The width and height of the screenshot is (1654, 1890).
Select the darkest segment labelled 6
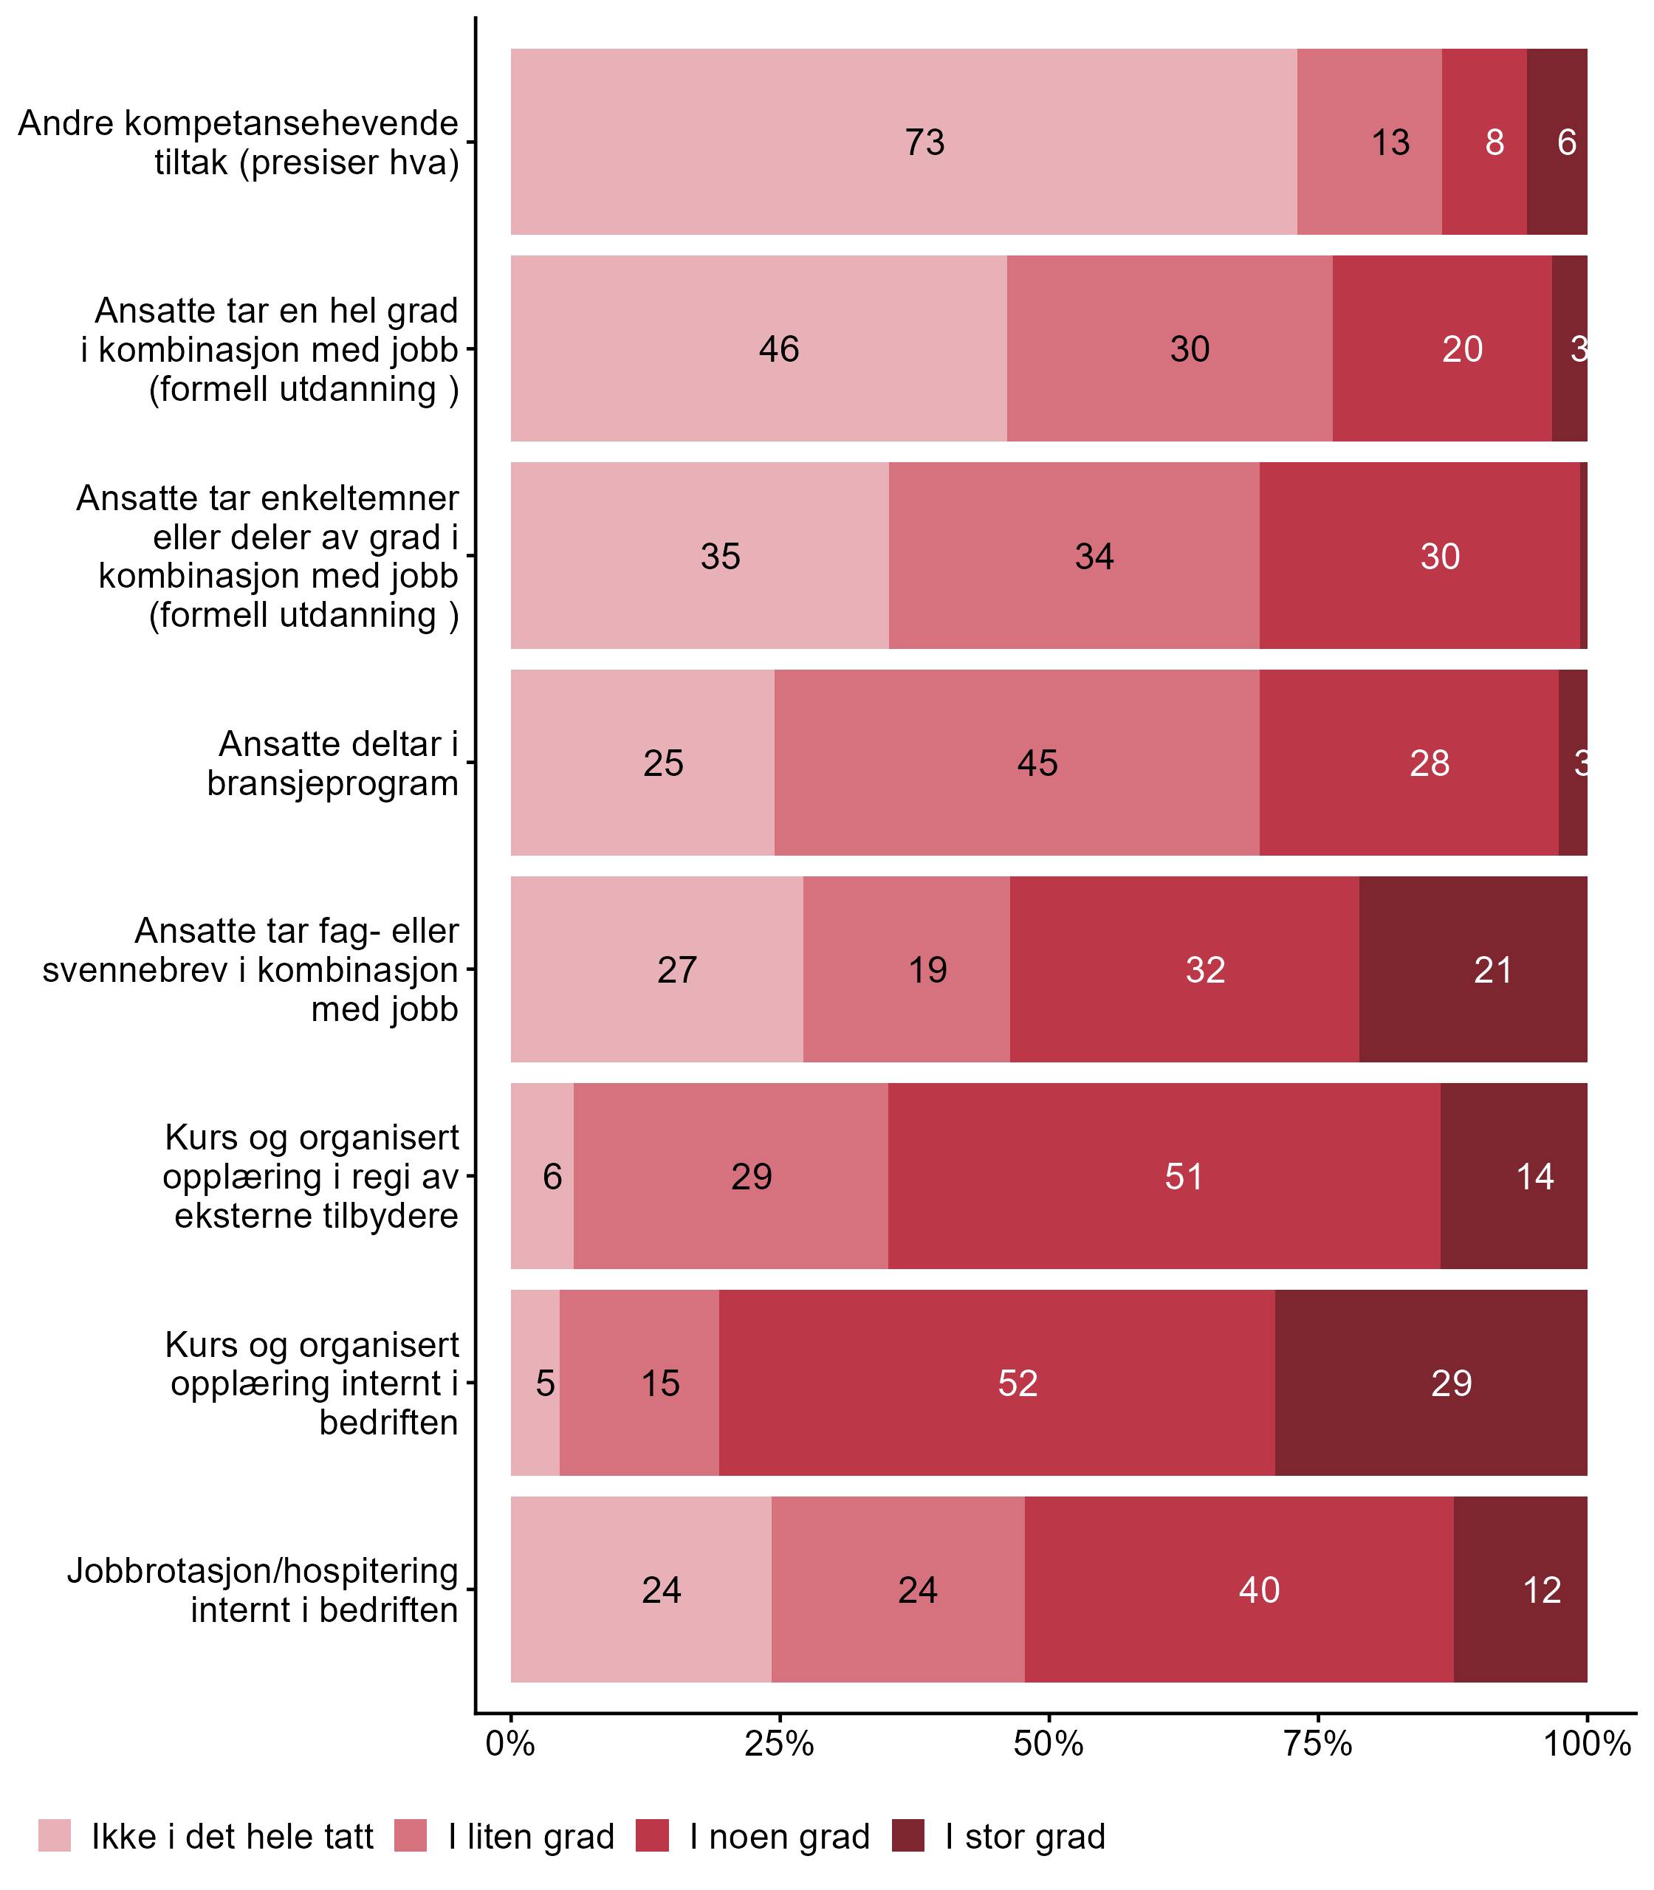pos(1557,142)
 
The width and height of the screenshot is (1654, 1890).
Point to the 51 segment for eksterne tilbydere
pos(1164,1177)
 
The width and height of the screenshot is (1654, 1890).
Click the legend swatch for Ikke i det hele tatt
pos(55,1835)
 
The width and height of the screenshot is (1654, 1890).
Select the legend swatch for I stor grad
pos(908,1835)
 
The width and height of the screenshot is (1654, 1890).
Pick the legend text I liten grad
pos(531,1837)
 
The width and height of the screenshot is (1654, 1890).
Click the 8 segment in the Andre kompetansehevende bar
pos(1484,142)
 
